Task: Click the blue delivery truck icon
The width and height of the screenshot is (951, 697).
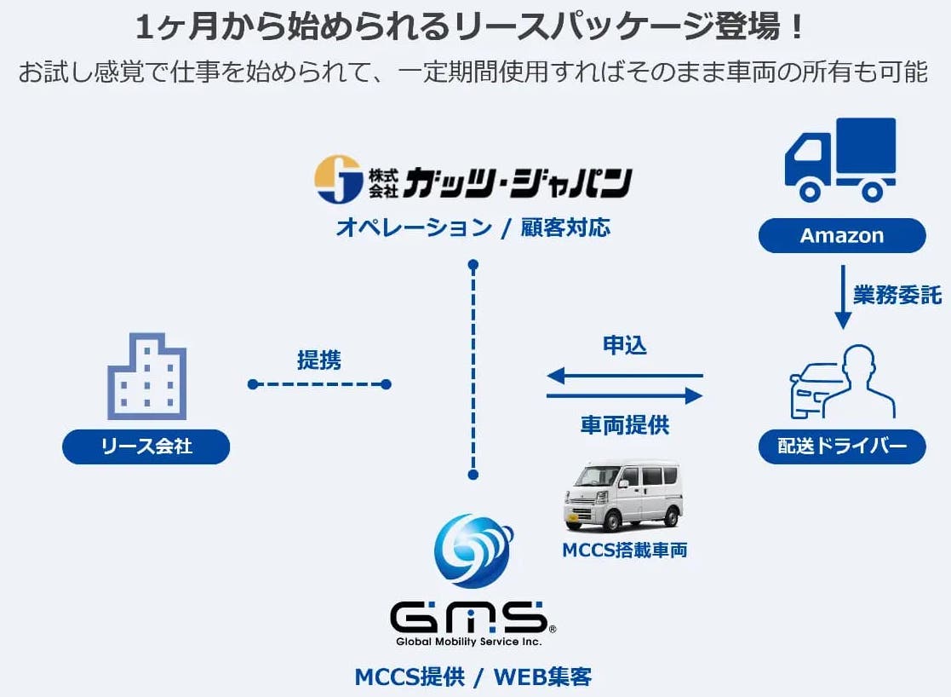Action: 839,159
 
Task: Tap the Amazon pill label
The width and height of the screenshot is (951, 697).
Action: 841,236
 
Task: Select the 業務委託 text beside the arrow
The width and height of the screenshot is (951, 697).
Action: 897,295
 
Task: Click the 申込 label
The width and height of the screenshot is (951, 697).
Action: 624,345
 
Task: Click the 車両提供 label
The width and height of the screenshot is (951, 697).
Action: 624,425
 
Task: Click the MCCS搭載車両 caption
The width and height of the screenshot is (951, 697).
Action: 624,550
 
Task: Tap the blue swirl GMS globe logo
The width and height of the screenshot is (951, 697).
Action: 473,550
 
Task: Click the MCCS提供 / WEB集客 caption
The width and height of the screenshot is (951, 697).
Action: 473,677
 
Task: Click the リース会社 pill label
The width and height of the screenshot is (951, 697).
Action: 146,446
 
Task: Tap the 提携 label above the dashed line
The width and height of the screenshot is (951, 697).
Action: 319,360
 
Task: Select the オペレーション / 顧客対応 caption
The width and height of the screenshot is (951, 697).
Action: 473,228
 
